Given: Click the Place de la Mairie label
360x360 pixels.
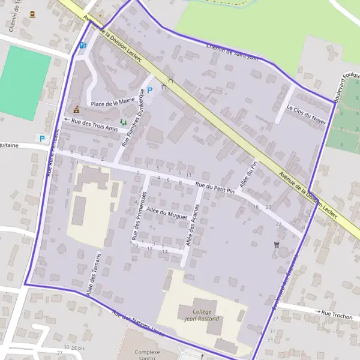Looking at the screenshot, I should pyautogui.click(x=113, y=103).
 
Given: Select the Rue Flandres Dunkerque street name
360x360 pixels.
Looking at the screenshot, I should pyautogui.click(x=133, y=118).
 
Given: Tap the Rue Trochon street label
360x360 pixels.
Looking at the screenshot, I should pyautogui.click(x=337, y=313).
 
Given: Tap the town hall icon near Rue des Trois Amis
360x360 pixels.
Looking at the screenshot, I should pyautogui.click(x=76, y=109).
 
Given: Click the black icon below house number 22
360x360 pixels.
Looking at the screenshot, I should pyautogui.click(x=276, y=244).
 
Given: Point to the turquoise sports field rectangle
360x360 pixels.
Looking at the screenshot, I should pyautogui.click(x=25, y=82).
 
